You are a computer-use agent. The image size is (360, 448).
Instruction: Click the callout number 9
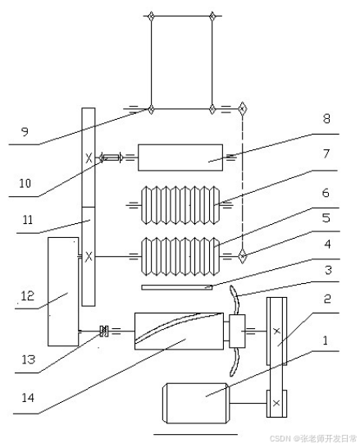coord(25,132)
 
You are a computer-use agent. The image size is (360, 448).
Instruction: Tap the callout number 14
coord(28,397)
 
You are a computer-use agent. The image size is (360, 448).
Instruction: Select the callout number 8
coord(326,119)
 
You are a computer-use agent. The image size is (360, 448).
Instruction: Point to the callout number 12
coord(28,295)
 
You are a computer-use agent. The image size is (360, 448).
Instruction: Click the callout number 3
coord(328,270)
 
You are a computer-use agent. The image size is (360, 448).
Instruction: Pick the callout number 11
coord(28,220)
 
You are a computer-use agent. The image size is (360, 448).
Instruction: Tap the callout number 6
coord(326,193)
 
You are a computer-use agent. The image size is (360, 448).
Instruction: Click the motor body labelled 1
coord(195,403)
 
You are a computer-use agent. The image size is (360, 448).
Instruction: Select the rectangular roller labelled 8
coord(180,158)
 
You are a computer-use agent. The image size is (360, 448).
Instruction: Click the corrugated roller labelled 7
coord(180,205)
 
